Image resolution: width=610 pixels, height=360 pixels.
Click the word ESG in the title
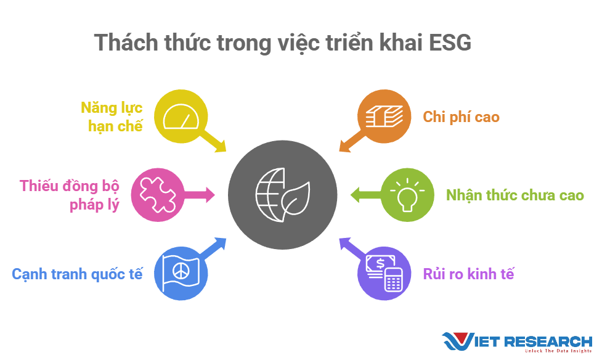point(450,43)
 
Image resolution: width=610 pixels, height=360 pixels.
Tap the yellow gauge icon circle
point(181,117)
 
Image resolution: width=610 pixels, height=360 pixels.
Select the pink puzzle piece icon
point(158,195)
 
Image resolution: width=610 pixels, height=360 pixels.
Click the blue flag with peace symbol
point(181,273)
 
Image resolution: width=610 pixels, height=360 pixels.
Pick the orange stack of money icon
point(384,117)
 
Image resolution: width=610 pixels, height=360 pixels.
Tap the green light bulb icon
point(407,195)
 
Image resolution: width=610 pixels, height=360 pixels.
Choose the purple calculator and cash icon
point(384,273)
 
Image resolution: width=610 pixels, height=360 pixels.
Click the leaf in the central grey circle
point(296,199)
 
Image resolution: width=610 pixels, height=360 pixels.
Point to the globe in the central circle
point(270,195)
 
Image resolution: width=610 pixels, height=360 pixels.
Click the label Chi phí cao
point(461,117)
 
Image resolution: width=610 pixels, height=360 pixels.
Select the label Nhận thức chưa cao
point(514,195)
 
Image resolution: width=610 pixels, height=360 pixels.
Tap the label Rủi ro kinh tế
point(468,274)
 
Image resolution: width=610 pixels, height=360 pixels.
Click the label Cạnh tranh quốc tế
point(77,274)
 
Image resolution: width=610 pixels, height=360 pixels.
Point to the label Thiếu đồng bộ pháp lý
point(69,195)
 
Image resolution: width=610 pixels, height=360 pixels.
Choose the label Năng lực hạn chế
point(112,117)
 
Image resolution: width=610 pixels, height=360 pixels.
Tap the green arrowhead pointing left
point(355,195)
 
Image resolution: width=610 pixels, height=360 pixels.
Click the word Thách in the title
point(126,43)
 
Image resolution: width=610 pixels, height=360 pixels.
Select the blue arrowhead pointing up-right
point(220,243)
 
